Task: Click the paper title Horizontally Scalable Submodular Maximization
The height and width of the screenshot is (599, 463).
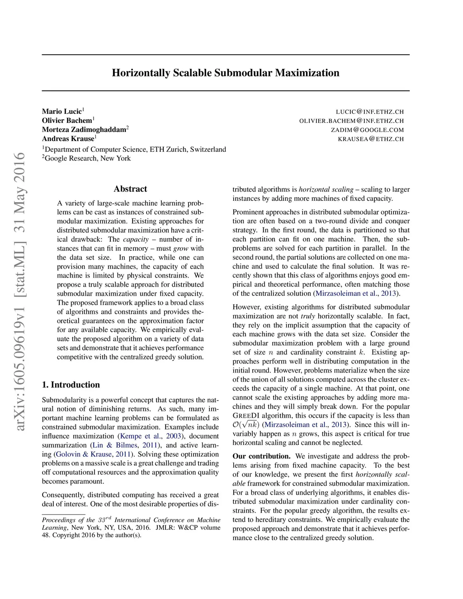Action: coord(226,73)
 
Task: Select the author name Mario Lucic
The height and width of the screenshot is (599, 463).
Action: coord(62,111)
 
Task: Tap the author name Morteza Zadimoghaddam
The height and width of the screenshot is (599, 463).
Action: coord(84,130)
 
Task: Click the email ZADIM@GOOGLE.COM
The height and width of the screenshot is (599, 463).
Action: coord(367,130)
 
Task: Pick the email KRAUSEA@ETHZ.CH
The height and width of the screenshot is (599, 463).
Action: coord(371,139)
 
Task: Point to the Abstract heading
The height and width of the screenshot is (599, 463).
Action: coord(130,189)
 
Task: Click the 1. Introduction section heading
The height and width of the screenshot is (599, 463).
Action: coord(71,385)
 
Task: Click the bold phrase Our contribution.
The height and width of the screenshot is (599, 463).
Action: coord(261,456)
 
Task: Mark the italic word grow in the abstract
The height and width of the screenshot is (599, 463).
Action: coord(181,248)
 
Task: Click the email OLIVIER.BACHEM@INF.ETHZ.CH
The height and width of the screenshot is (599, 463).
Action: coord(351,121)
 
